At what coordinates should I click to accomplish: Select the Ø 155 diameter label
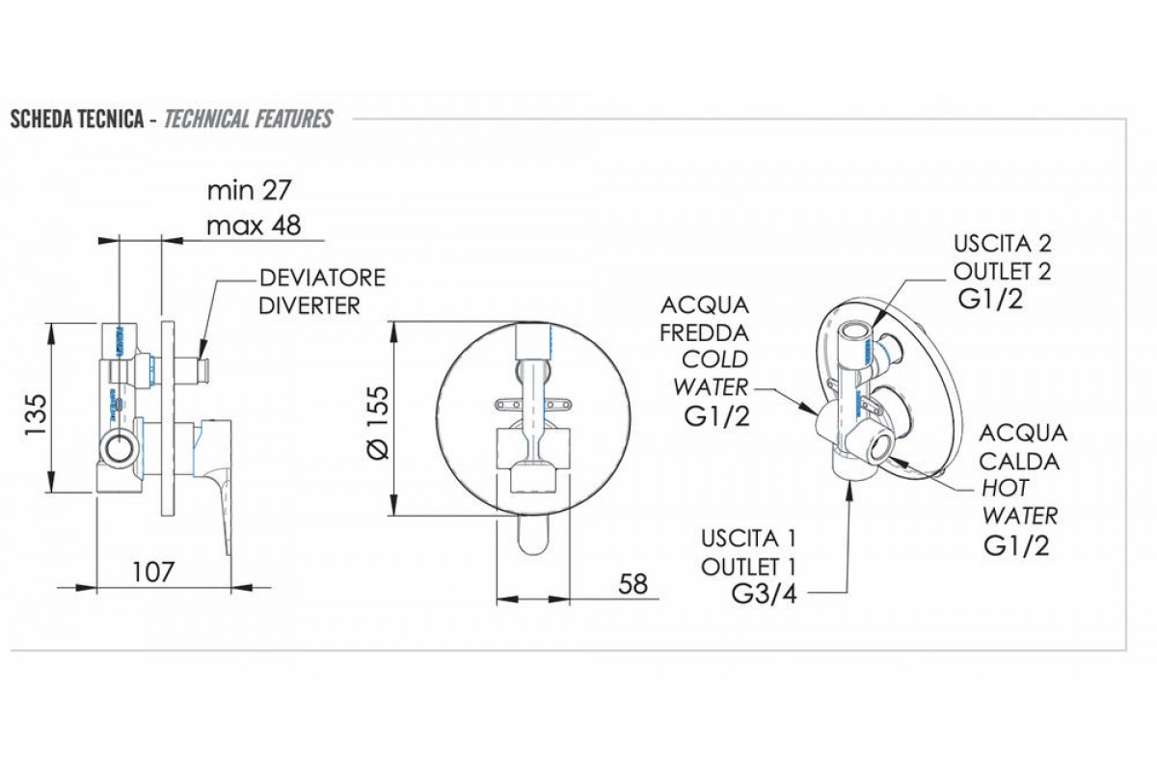point(378,422)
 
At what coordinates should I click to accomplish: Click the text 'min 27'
point(249,189)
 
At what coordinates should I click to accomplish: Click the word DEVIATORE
point(323,279)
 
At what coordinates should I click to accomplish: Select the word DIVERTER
point(310,306)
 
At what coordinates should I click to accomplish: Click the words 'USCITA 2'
point(1004,242)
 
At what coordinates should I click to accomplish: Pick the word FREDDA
point(704,332)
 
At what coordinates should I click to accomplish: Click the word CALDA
point(1020,461)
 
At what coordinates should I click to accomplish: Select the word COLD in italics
point(714,359)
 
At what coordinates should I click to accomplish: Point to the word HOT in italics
point(1006,488)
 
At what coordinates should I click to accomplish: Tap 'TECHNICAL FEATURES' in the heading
point(249,120)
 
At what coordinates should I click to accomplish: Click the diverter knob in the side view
point(200,369)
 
